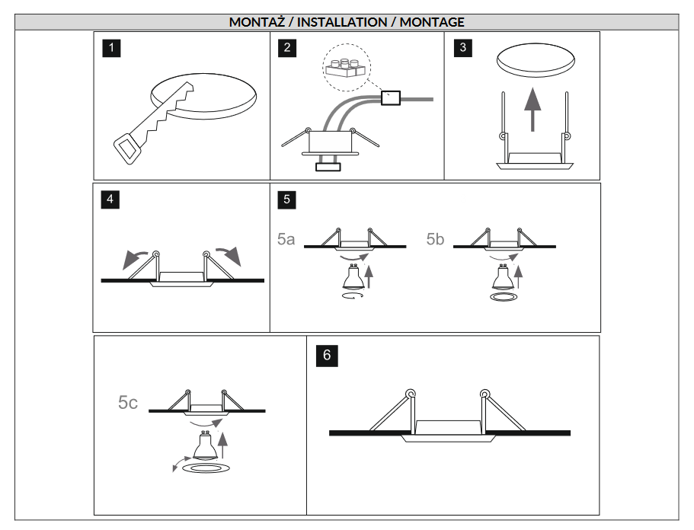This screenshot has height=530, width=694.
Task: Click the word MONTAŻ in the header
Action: click(257, 22)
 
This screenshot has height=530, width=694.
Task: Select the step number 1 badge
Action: click(111, 48)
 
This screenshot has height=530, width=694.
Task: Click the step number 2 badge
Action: click(287, 48)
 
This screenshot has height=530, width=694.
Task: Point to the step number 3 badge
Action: click(463, 48)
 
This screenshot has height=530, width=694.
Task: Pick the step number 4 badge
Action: click(110, 199)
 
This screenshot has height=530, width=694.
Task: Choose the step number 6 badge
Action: click(327, 356)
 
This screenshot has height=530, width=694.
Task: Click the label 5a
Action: click(286, 239)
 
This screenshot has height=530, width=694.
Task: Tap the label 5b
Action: click(435, 239)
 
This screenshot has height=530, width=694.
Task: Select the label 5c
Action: click(128, 403)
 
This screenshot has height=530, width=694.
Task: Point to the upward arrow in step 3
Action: click(532, 109)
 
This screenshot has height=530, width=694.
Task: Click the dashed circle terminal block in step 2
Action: click(347, 67)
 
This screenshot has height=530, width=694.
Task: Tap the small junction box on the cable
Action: click(391, 97)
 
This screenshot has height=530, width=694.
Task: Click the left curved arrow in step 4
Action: click(136, 259)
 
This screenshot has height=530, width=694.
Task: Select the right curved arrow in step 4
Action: click(229, 256)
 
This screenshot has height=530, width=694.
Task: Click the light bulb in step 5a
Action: click(353, 277)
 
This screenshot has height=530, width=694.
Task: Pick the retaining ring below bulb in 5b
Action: click(504, 296)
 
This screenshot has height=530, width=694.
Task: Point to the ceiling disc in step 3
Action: click(536, 59)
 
